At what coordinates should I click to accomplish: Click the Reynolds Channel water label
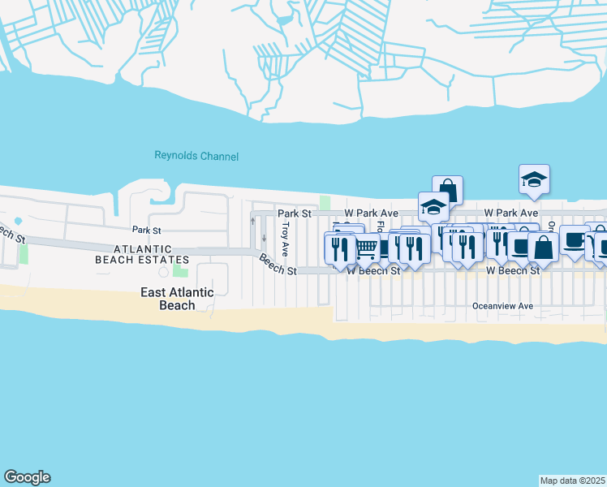pyautogui.click(x=196, y=156)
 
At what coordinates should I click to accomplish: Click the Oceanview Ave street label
pyautogui.click(x=503, y=306)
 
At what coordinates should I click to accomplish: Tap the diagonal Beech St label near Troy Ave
pyautogui.click(x=278, y=265)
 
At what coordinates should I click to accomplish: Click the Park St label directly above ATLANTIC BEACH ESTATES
pyautogui.click(x=141, y=231)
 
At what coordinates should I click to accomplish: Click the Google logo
pyautogui.click(x=27, y=477)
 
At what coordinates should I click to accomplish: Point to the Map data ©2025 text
pyautogui.click(x=572, y=481)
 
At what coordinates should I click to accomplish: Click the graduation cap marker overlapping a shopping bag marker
pyautogui.click(x=433, y=206)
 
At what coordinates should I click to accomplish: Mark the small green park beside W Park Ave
pyautogui.click(x=325, y=201)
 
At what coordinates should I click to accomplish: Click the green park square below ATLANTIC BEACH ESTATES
pyautogui.click(x=179, y=270)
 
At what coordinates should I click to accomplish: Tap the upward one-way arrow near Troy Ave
pyautogui.click(x=252, y=221)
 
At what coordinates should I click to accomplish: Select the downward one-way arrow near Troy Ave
pyautogui.click(x=264, y=239)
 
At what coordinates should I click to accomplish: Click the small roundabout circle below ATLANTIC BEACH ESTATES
pyautogui.click(x=163, y=272)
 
